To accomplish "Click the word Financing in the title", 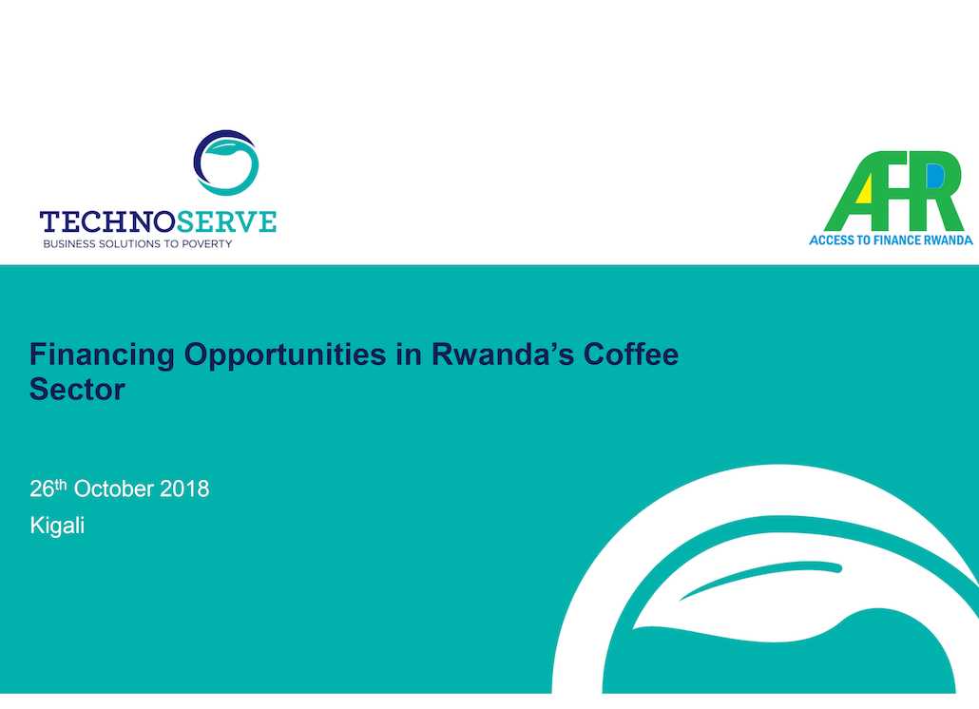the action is pyautogui.click(x=103, y=355).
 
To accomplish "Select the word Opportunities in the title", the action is pyautogui.click(x=285, y=355).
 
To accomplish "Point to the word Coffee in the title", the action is pyautogui.click(x=630, y=354).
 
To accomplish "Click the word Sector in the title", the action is pyautogui.click(x=77, y=390).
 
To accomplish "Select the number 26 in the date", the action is pyautogui.click(x=42, y=489).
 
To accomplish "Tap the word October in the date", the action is pyautogui.click(x=114, y=489).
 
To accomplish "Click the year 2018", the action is pyautogui.click(x=184, y=489).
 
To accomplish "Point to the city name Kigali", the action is pyautogui.click(x=57, y=526).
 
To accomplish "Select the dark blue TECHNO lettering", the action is pyautogui.click(x=107, y=222).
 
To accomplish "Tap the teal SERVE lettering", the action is pyautogui.click(x=226, y=222).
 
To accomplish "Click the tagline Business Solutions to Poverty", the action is pyautogui.click(x=138, y=244).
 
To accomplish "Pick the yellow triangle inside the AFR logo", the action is pyautogui.click(x=864, y=190).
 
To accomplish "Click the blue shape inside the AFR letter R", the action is pyautogui.click(x=935, y=176).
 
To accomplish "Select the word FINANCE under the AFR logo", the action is pyautogui.click(x=891, y=240).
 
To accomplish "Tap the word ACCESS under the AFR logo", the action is pyautogui.click(x=828, y=240).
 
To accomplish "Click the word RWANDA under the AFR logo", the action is pyautogui.click(x=949, y=240).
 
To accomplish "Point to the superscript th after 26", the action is pyautogui.click(x=61, y=484).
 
